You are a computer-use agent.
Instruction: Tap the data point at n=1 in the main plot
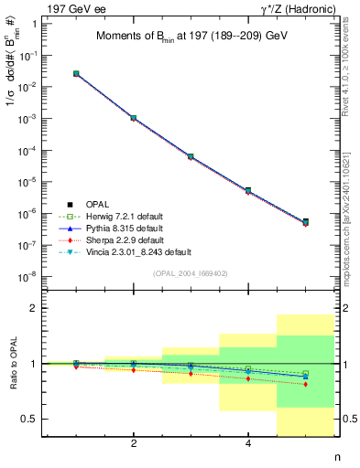coord(76,73)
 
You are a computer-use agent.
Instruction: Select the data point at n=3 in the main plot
coord(191,156)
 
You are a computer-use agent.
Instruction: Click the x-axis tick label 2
coord(134,443)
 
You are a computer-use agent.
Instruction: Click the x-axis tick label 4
coord(248,443)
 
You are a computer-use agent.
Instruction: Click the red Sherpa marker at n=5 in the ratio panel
coord(305,384)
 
